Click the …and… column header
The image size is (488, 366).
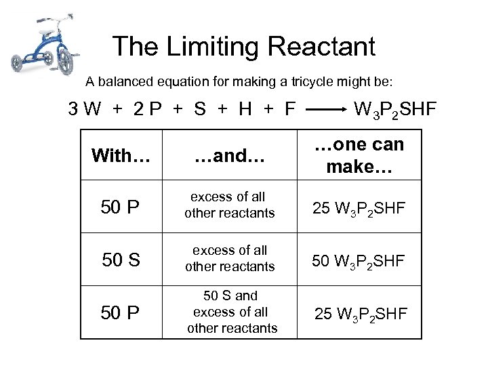point(230,157)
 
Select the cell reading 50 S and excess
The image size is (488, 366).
point(230,312)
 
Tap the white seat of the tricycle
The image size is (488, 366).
point(46,30)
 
